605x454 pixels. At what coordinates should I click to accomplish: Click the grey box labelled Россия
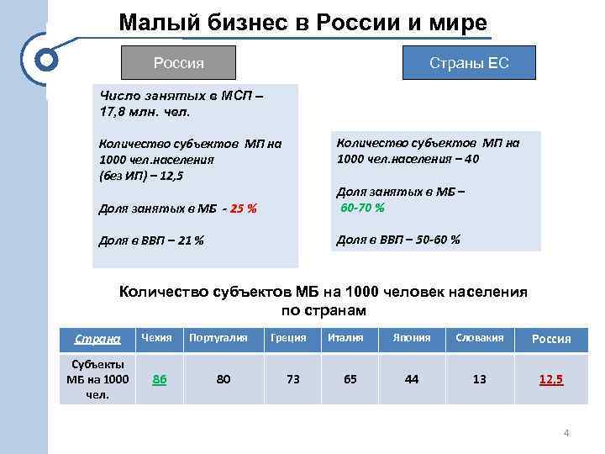click(x=178, y=63)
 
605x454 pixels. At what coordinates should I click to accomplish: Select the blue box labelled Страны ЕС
click(x=469, y=63)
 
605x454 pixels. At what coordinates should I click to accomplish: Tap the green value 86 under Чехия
click(x=158, y=379)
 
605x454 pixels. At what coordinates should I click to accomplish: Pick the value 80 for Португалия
click(x=223, y=379)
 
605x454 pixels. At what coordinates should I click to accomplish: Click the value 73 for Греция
click(x=292, y=379)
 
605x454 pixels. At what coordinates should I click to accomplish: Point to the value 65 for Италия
click(x=350, y=379)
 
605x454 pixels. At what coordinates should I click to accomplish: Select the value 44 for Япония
click(x=411, y=379)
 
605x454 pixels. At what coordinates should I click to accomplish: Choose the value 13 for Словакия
click(x=479, y=379)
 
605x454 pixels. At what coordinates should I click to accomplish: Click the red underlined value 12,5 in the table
click(x=551, y=380)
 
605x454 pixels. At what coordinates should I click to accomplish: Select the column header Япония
click(x=411, y=338)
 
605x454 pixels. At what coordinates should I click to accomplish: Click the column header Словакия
click(x=479, y=338)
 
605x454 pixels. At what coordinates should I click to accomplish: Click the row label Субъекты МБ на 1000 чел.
click(x=97, y=379)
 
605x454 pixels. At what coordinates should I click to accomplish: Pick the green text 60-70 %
click(x=362, y=208)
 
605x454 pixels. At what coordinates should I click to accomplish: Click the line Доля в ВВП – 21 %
click(x=151, y=240)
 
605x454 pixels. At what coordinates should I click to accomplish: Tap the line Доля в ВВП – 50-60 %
click(x=397, y=240)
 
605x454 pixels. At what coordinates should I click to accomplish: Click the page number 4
click(x=566, y=434)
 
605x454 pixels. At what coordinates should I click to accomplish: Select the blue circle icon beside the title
click(x=48, y=61)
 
